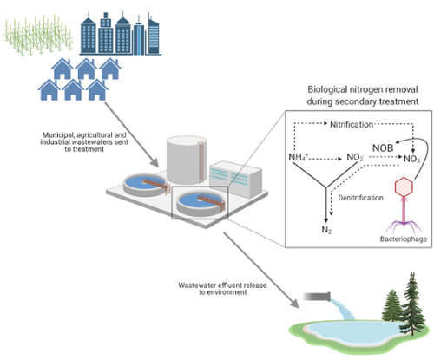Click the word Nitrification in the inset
(352, 125)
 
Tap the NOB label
(383, 148)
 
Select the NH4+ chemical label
(299, 157)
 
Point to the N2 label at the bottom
(326, 230)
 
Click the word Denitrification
(361, 198)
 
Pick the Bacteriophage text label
(404, 239)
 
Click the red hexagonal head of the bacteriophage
(404, 187)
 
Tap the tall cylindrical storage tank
(187, 160)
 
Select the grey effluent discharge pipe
(316, 297)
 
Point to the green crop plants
(37, 36)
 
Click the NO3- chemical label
(412, 159)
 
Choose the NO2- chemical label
(355, 158)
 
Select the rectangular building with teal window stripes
(236, 179)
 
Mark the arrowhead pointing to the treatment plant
(155, 163)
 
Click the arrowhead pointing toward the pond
(294, 304)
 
